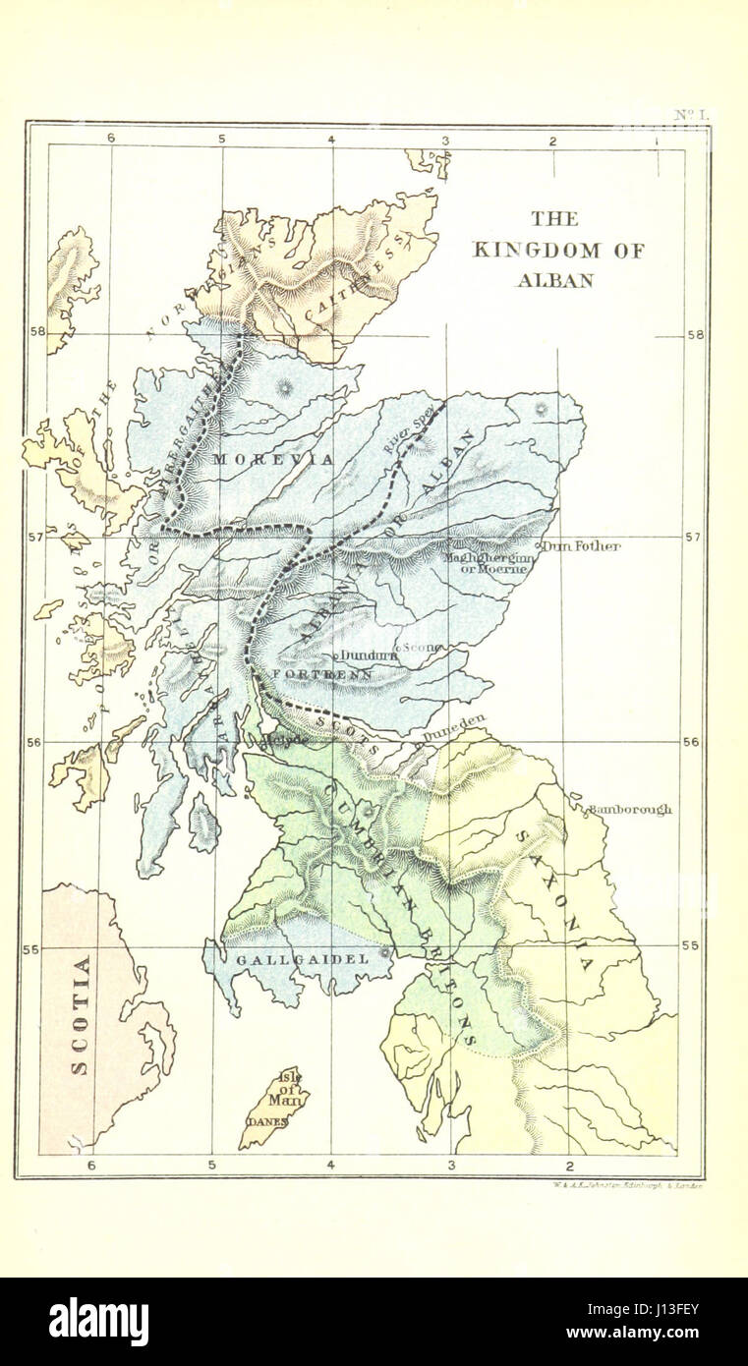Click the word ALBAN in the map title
pos(554,280)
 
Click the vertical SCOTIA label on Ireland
pos(82,1014)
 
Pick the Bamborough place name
pos(629,810)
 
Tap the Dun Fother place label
pos(583,546)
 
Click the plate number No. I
pos(691,115)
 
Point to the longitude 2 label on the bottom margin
pos(570,1166)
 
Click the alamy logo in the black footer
pos(98,1321)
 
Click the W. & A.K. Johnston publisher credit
pos(621,1186)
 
